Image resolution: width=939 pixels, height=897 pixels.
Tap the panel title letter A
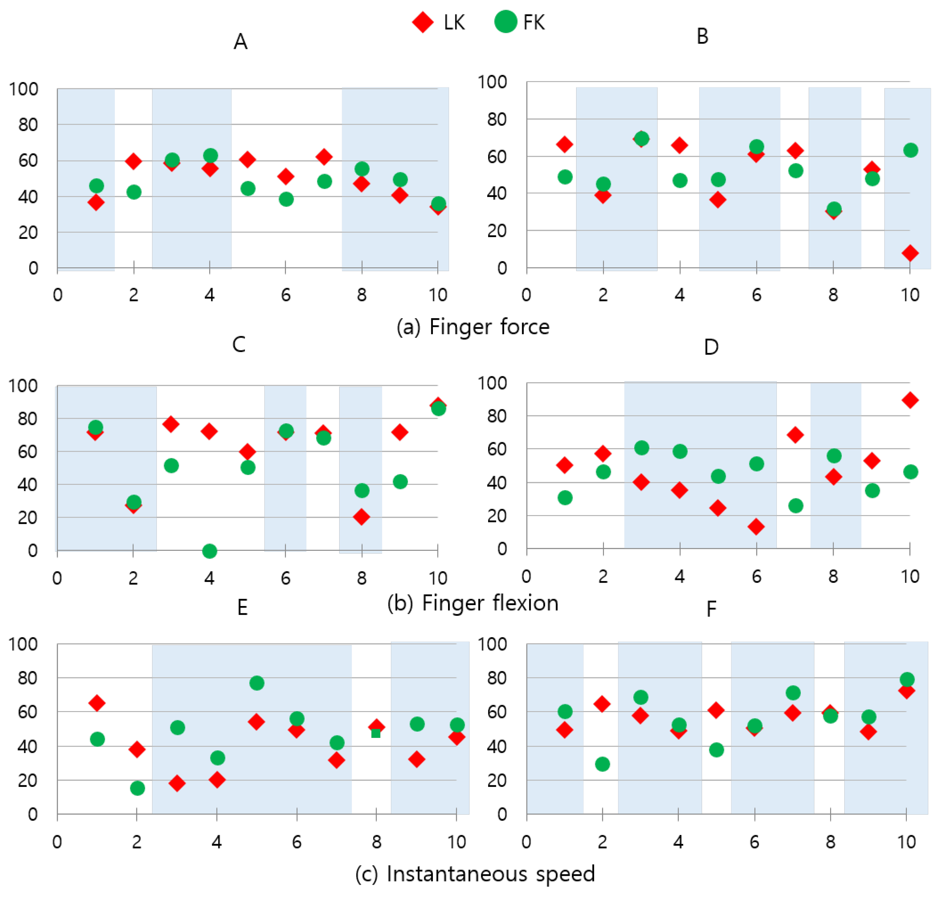240,42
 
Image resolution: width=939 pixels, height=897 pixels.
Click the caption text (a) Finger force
473,327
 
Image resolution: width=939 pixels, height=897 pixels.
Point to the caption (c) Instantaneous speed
475,873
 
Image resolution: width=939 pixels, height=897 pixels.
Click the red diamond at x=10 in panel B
910,253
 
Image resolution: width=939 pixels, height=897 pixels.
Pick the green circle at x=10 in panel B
910,150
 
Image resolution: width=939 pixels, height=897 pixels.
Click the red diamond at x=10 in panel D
910,400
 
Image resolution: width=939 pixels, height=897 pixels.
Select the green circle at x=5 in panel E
257,683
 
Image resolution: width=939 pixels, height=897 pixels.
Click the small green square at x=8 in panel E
376,733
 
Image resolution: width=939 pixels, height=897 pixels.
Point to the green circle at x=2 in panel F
602,763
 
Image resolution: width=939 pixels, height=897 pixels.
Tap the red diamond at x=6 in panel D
756,527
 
